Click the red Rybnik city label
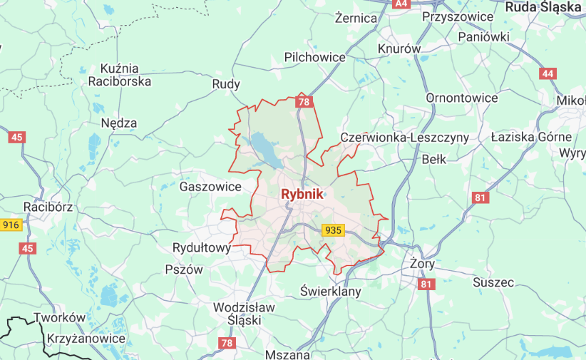tap(302, 194)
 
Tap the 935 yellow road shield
tap(333, 230)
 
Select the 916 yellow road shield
tap(10, 225)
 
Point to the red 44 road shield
tap(548, 73)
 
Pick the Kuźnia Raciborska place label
tap(119, 75)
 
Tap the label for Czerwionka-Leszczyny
tap(404, 137)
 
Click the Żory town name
tap(422, 264)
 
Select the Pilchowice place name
tap(314, 57)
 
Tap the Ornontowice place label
tap(461, 97)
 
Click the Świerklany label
tap(330, 292)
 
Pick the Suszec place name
tap(493, 282)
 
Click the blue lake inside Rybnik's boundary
tap(266, 150)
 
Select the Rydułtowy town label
tap(202, 248)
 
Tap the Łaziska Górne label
tap(531, 136)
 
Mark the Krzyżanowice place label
tap(86, 339)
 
